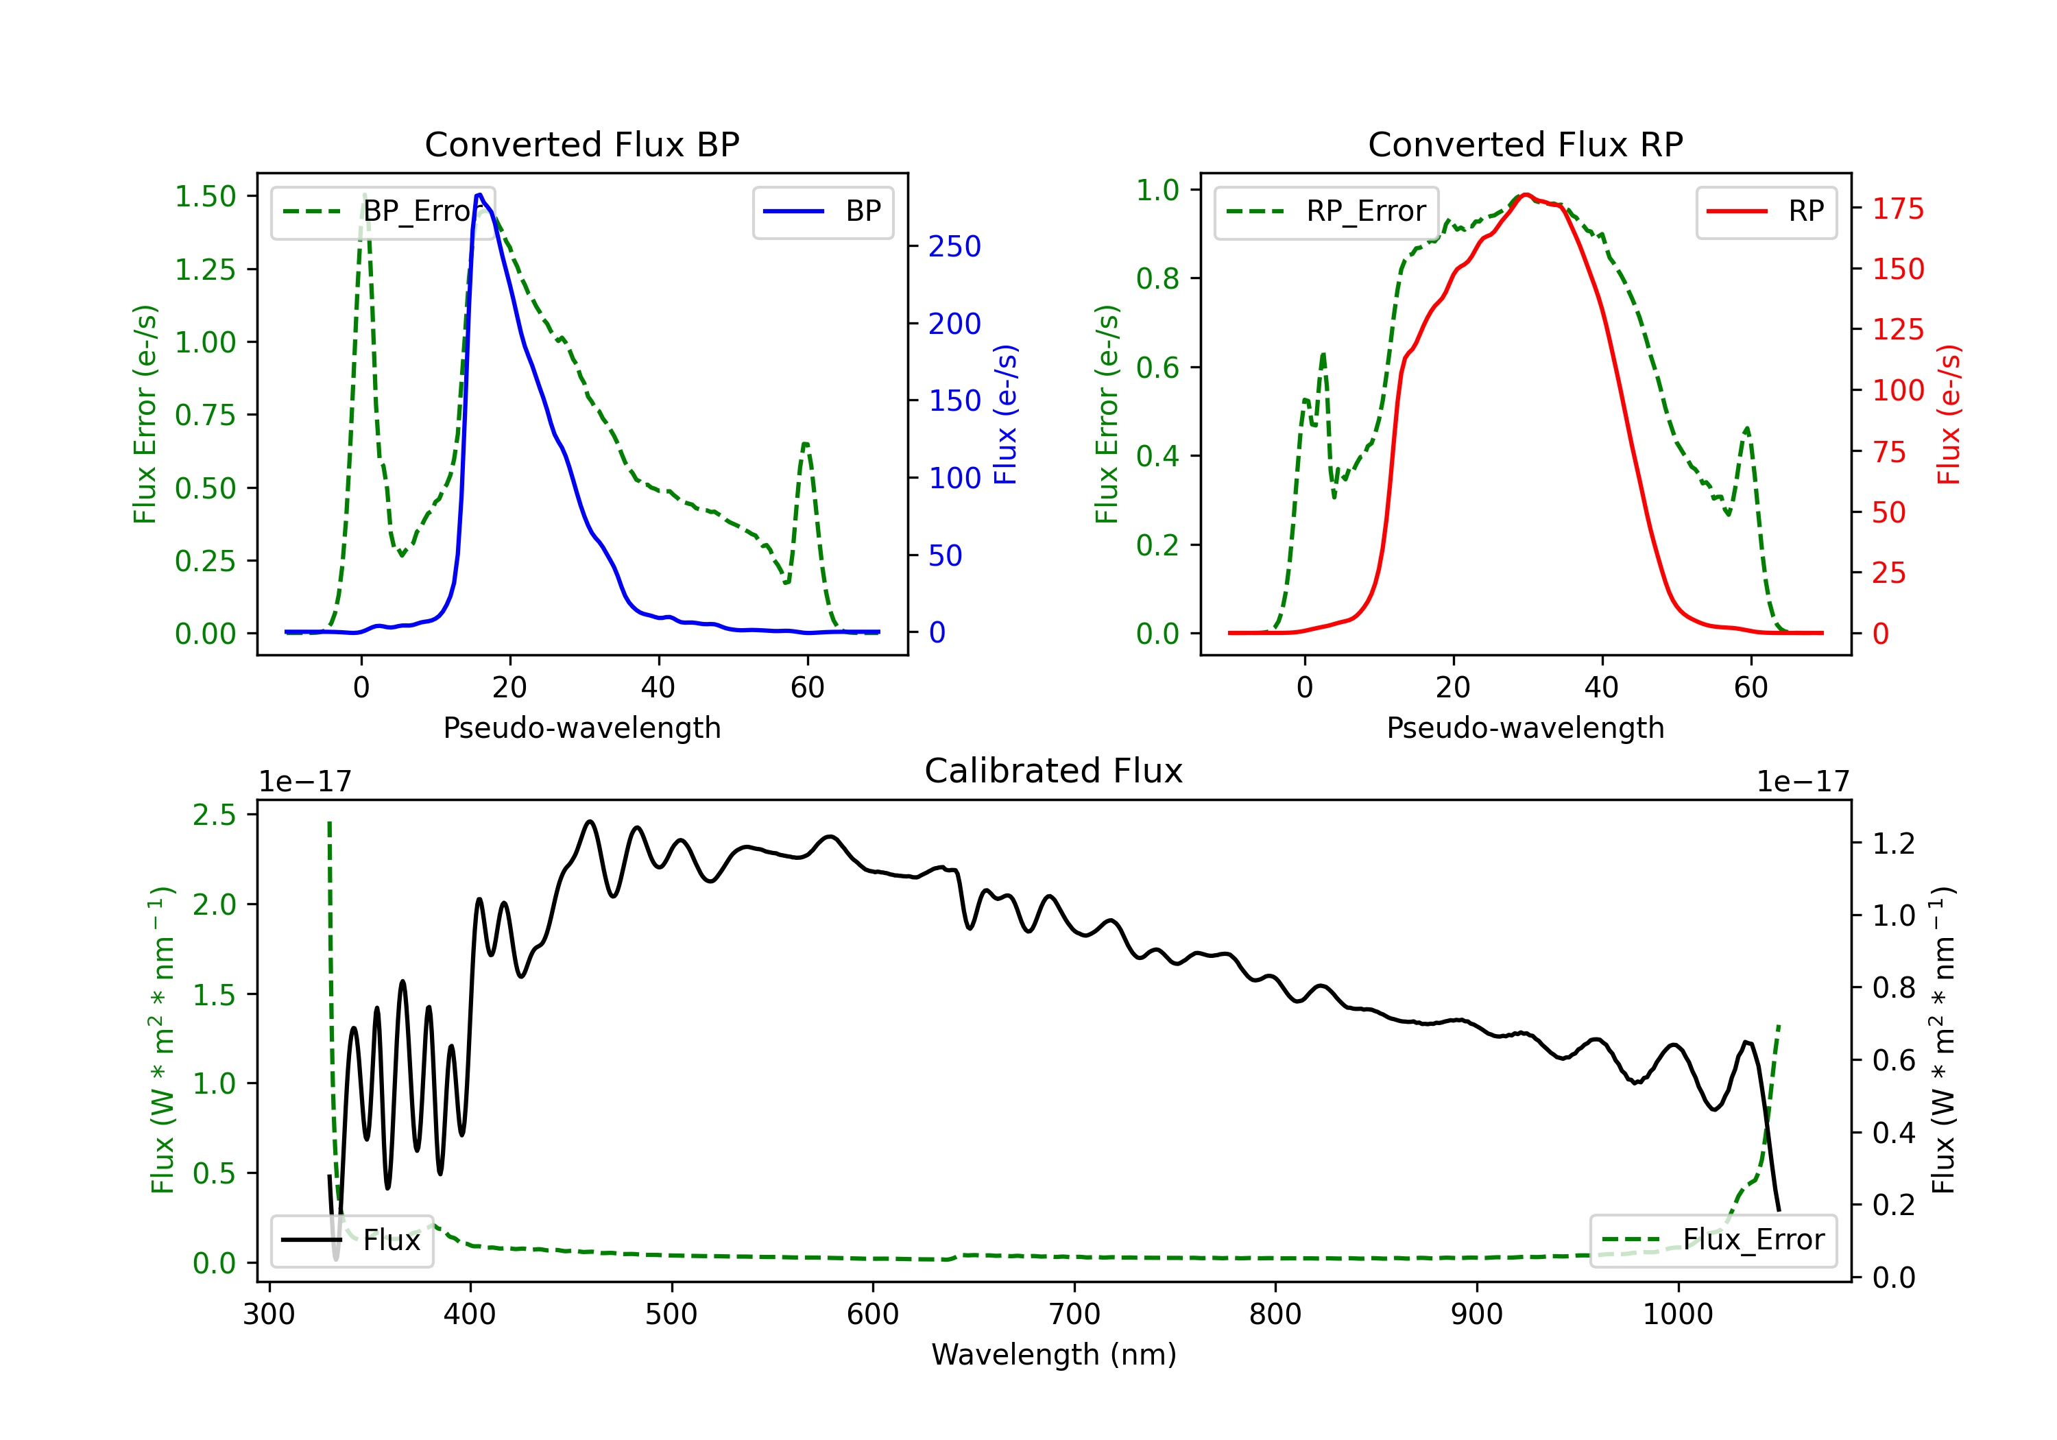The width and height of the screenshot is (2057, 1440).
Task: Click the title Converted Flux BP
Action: pyautogui.click(x=581, y=144)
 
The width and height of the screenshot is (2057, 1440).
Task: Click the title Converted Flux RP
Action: pyautogui.click(x=1525, y=144)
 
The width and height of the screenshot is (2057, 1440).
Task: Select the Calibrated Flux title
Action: pyautogui.click(x=1054, y=771)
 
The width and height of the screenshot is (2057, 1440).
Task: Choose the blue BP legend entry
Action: pyautogui.click(x=822, y=211)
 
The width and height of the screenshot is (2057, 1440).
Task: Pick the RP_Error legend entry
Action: pyautogui.click(x=1326, y=211)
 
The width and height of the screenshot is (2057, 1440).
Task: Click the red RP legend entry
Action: pyautogui.click(x=1766, y=211)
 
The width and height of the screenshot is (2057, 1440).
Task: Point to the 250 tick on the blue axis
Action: pyautogui.click(x=954, y=246)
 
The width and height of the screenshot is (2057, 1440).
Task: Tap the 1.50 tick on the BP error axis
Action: pyautogui.click(x=205, y=196)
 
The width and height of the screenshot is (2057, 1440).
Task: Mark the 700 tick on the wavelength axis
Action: pyautogui.click(x=1074, y=1314)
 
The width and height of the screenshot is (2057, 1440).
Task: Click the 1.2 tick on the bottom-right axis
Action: pyautogui.click(x=1893, y=843)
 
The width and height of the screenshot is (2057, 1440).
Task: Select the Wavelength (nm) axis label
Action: pyautogui.click(x=1054, y=1354)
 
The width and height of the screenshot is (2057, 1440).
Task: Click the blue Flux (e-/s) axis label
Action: pyautogui.click(x=1006, y=415)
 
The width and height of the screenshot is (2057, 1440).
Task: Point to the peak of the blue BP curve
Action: pyautogui.click(x=479, y=195)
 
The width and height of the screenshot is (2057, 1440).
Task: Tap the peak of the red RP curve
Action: pyautogui.click(x=1526, y=195)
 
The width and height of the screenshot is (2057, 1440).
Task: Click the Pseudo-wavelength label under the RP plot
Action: pyautogui.click(x=1525, y=728)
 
